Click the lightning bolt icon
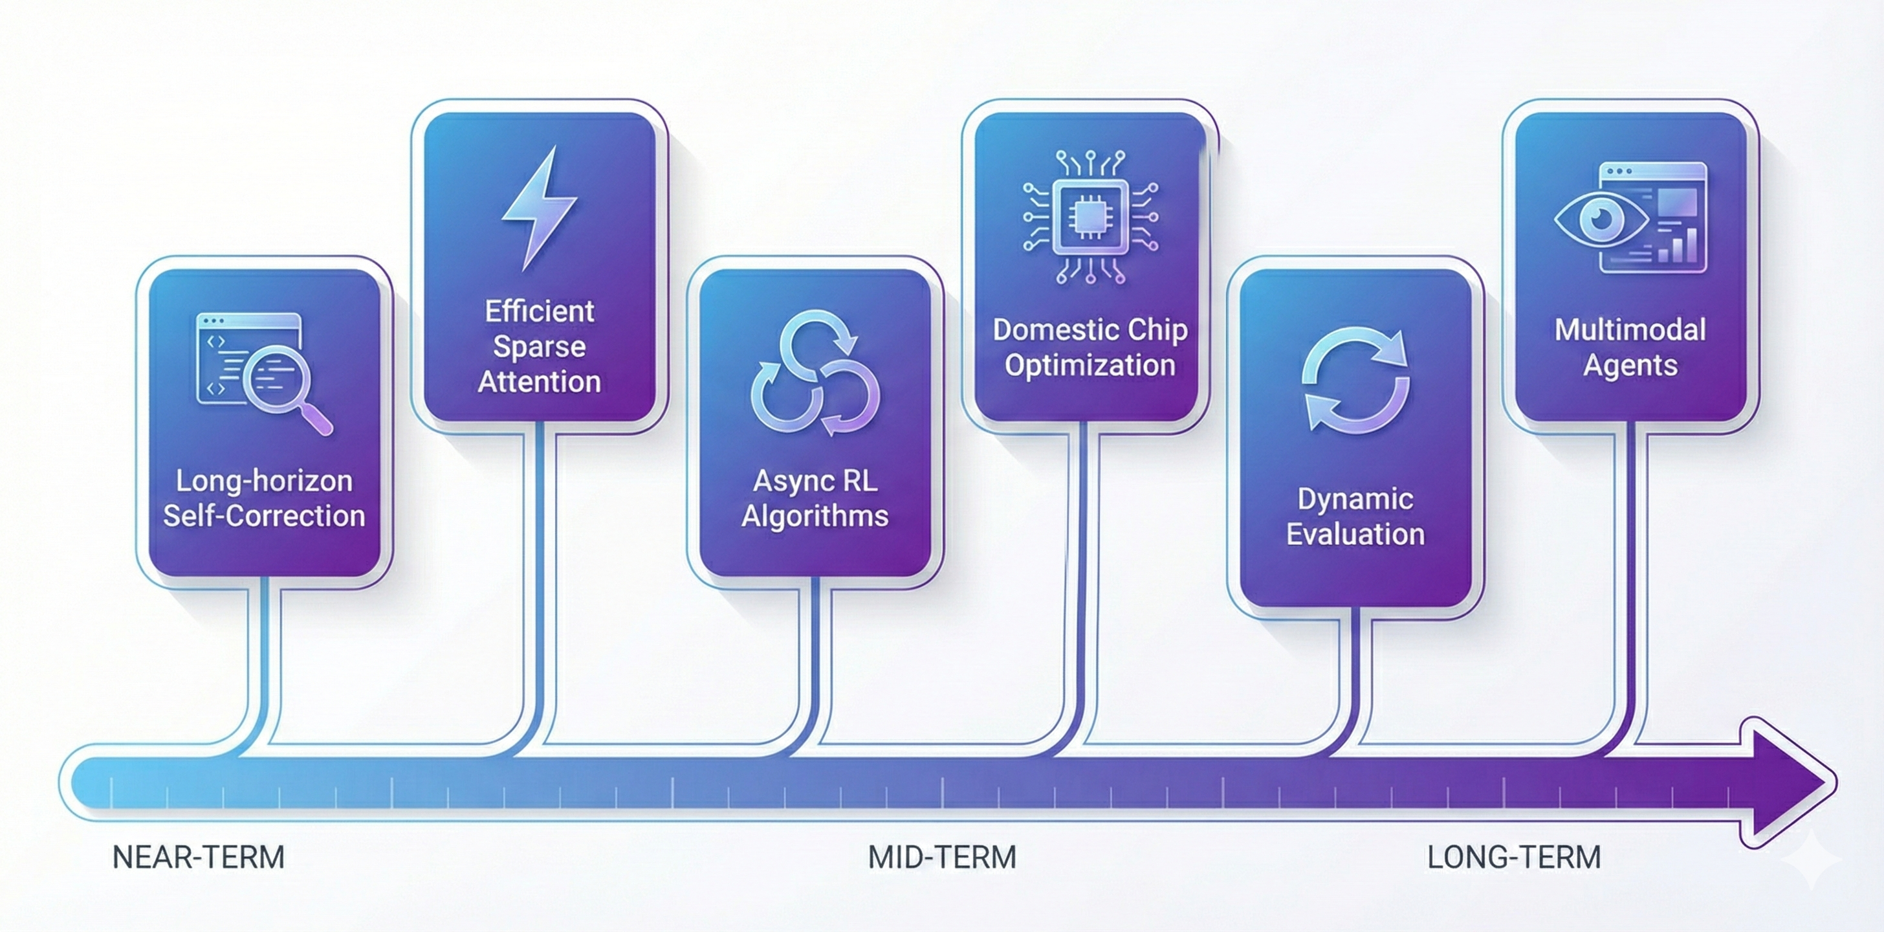pyautogui.click(x=540, y=208)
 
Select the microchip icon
pyautogui.click(x=1090, y=217)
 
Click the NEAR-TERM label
pyautogui.click(x=198, y=857)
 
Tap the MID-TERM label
pyautogui.click(x=942, y=857)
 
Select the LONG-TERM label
pyautogui.click(x=1514, y=857)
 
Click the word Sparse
pyautogui.click(x=539, y=347)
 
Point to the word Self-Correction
pyautogui.click(x=264, y=516)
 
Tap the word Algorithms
pyautogui.click(x=815, y=516)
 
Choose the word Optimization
pyautogui.click(x=1090, y=365)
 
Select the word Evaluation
pyautogui.click(x=1355, y=534)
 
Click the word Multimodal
pyautogui.click(x=1630, y=330)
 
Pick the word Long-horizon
pyautogui.click(x=264, y=481)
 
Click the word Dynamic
pyautogui.click(x=1355, y=500)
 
